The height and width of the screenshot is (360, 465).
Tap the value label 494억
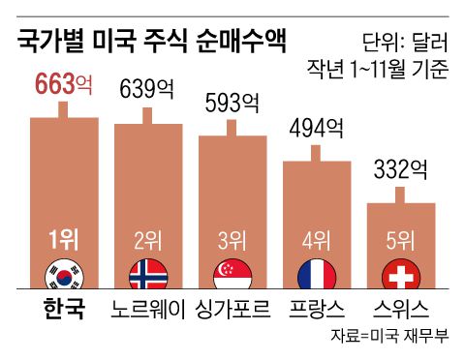tap(316, 128)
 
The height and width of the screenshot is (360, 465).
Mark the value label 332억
tap(399, 169)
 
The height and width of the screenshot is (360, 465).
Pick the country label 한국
tap(64, 310)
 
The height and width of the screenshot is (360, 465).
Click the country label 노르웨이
tap(148, 310)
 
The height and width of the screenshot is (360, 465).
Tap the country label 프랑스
tap(316, 310)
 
